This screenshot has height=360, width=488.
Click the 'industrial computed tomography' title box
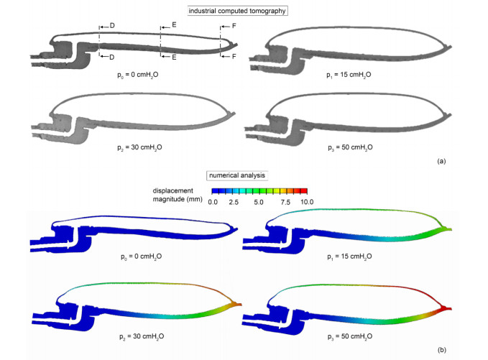[x=237, y=11]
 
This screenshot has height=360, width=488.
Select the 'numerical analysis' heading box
[x=237, y=175]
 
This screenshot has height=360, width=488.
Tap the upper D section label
[x=112, y=26]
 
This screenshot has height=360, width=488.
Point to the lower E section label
[x=174, y=57]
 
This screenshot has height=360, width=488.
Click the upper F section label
[x=234, y=26]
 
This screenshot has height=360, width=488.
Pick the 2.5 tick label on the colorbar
[x=234, y=202]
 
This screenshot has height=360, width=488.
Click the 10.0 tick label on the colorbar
[x=307, y=202]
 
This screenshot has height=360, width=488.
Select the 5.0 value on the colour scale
[x=258, y=202]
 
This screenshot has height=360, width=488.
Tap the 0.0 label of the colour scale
[x=213, y=202]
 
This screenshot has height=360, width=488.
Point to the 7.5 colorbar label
[x=285, y=202]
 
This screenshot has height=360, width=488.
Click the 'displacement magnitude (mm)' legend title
[x=177, y=195]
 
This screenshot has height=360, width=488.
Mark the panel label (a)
[x=441, y=161]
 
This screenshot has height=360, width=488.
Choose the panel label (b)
[x=441, y=350]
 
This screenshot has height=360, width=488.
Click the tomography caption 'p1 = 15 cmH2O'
[x=349, y=75]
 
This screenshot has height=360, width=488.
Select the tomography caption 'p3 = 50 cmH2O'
[x=350, y=147]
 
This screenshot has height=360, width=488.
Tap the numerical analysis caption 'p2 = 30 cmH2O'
[x=142, y=337]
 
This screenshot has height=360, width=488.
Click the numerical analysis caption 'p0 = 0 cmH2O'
[x=142, y=257]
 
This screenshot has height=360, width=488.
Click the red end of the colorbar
[x=304, y=191]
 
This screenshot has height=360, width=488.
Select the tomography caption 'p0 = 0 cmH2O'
[x=137, y=75]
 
